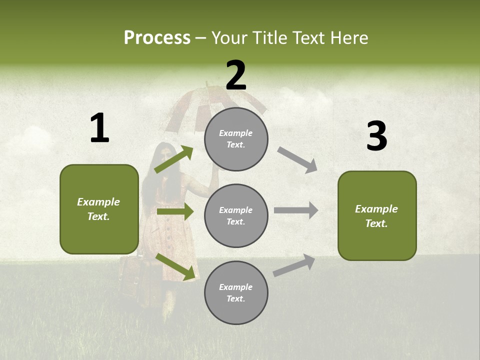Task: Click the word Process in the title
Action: (157, 38)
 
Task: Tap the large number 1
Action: (99, 128)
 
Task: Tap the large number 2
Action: (236, 75)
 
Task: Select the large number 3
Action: (376, 136)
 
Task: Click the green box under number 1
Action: (99, 209)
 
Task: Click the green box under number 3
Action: (377, 215)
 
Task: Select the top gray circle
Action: (236, 139)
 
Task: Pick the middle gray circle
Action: (236, 215)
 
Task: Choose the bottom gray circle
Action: (236, 292)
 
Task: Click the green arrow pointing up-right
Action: (174, 159)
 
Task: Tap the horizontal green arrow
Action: (175, 211)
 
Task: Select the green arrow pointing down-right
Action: (175, 266)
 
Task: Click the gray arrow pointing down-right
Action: (297, 160)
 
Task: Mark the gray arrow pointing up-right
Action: (294, 265)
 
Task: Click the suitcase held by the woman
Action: (131, 275)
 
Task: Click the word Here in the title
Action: (347, 38)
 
